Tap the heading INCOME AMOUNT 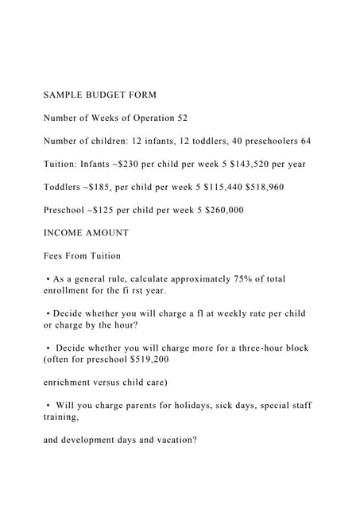85,233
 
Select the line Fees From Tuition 82,256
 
